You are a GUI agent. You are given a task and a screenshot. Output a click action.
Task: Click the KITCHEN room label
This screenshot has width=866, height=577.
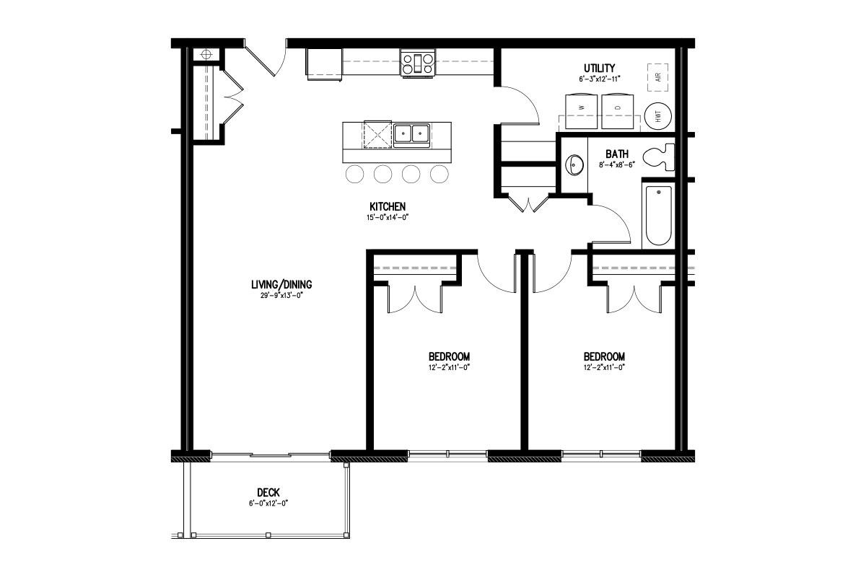coord(388,206)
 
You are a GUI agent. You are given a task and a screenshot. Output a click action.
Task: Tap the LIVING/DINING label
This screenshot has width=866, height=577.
coord(281,285)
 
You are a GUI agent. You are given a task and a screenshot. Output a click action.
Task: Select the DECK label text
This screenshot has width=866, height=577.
coord(268,493)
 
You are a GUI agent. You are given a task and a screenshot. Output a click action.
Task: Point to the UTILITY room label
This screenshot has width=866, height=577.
coord(599,68)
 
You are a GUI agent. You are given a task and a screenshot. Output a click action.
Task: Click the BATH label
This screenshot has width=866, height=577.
coord(617,154)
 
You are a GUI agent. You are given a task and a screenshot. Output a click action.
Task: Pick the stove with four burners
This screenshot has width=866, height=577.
coord(418,63)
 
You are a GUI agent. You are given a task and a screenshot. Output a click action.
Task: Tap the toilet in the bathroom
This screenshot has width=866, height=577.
coord(659,157)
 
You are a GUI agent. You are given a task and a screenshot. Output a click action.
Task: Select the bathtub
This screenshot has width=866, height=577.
coord(658,215)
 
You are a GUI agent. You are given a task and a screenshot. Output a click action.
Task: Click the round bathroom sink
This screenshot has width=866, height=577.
coord(574,165)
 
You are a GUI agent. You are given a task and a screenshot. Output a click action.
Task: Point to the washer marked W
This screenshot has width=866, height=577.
coord(581,111)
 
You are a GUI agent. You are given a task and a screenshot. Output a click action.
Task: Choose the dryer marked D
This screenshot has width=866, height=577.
coord(618,111)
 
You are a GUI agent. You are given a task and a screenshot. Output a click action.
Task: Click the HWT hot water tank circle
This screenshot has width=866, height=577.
coord(658,116)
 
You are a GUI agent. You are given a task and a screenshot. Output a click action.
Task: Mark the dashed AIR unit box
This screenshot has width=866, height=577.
coord(658,77)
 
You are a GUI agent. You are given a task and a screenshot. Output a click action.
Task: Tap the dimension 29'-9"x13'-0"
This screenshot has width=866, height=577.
coord(281,296)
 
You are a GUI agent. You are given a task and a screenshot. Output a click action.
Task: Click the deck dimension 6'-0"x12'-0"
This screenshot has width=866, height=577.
coord(268,503)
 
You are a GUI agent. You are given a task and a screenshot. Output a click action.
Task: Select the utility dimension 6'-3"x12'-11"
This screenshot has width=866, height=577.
coord(600,79)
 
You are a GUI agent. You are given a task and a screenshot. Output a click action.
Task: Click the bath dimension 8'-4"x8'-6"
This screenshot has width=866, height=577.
coord(617,164)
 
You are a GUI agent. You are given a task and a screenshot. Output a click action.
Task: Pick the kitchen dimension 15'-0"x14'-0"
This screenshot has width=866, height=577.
coord(388,217)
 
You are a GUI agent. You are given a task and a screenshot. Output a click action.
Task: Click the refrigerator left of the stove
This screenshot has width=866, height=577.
coord(324,64)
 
